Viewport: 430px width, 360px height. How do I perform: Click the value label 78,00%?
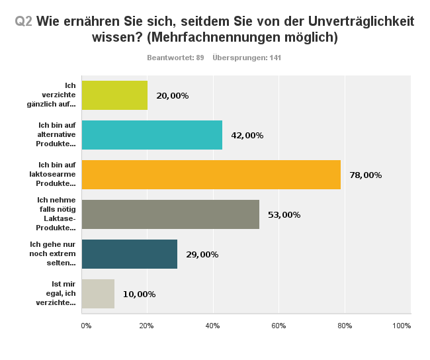coord(366,175)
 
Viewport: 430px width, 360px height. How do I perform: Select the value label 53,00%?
coord(284,215)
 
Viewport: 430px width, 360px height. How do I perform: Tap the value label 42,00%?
coord(247,136)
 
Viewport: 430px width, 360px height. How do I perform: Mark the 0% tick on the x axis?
coord(86,326)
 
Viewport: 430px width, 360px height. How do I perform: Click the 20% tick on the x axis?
coord(146,326)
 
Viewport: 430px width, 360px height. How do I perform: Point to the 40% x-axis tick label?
coord(212,326)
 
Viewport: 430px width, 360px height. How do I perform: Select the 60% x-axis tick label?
coord(279,326)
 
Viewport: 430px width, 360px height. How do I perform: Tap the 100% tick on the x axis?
coord(402,326)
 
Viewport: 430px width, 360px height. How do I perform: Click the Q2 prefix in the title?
coord(24,21)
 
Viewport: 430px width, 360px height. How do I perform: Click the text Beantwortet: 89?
coord(175,58)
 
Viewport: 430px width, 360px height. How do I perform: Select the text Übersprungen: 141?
coord(247,58)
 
